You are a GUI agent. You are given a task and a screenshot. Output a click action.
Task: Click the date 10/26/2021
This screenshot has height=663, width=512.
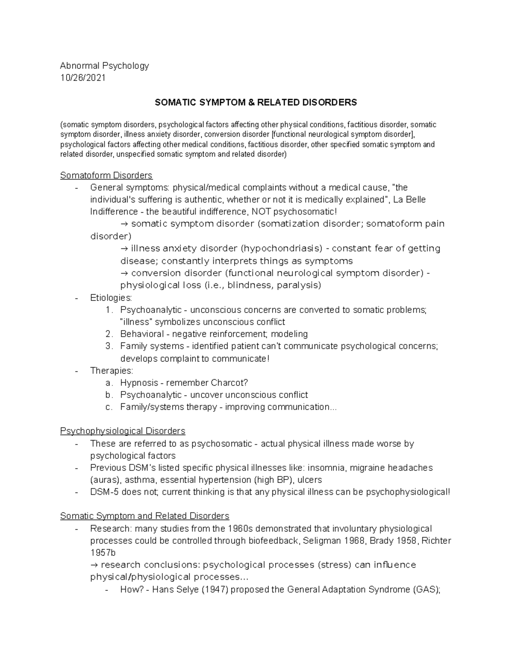click(x=83, y=78)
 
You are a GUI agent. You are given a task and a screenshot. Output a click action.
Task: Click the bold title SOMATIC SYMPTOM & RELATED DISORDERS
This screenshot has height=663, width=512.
click(x=256, y=102)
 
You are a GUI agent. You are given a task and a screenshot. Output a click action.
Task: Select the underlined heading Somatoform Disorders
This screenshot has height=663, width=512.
click(x=106, y=175)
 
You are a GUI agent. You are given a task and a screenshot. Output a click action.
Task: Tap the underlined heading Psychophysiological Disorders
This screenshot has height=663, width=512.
click(x=122, y=431)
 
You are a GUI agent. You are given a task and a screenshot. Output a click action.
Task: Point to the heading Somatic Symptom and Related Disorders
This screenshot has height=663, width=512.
click(x=145, y=516)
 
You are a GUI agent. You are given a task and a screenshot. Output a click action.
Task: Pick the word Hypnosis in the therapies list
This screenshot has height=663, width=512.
click(x=139, y=383)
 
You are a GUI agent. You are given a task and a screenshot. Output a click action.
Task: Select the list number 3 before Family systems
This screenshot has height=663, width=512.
click(x=108, y=346)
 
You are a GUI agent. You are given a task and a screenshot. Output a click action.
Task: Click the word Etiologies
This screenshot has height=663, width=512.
click(x=111, y=298)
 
